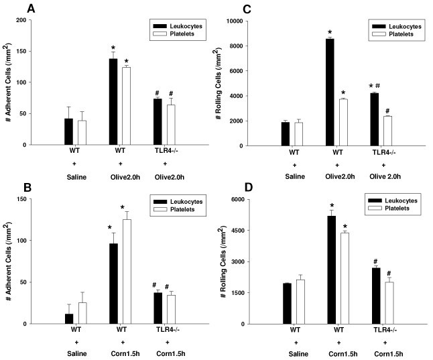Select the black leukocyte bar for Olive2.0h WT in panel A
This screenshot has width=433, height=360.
tap(113, 101)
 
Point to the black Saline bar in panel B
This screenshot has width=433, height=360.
tap(69, 318)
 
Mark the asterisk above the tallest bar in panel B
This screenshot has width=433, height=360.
tap(123, 207)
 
